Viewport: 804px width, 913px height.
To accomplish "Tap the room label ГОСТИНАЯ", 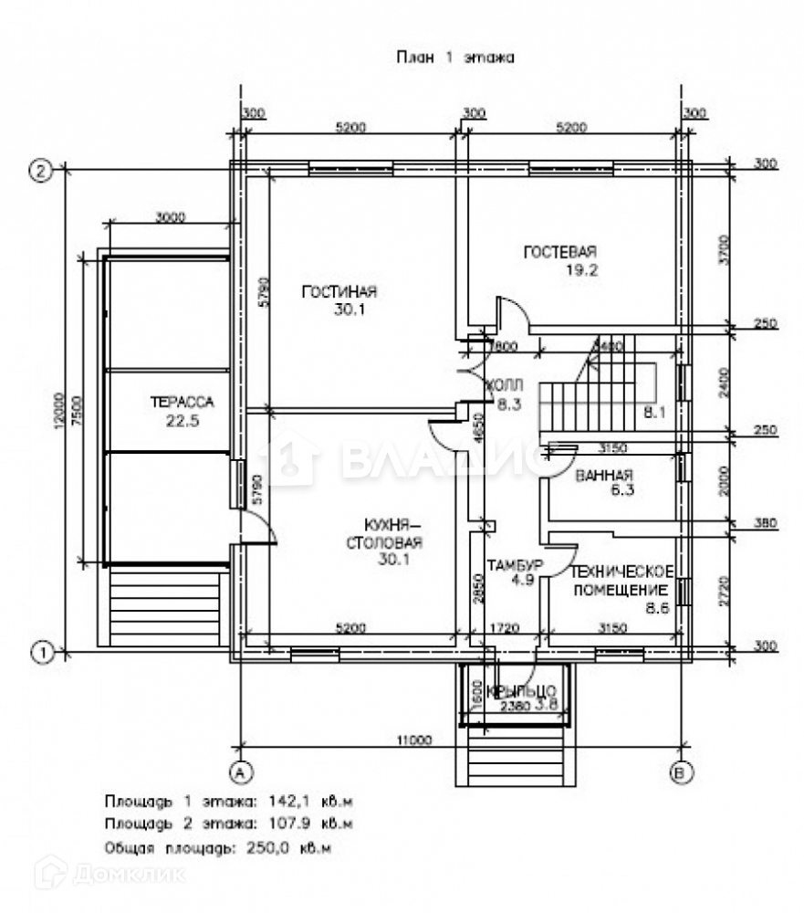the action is pyautogui.click(x=339, y=292).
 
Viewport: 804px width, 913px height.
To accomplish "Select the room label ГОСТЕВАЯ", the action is pyautogui.click(x=559, y=252).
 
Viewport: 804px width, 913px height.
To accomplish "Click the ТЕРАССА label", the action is pyautogui.click(x=182, y=402).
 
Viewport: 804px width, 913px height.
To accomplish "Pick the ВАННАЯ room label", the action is pyautogui.click(x=604, y=476).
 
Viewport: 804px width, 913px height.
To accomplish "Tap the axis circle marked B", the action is pyautogui.click(x=680, y=772).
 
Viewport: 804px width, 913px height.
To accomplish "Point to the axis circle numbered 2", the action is pyautogui.click(x=39, y=170).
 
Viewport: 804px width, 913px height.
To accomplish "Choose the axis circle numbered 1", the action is pyautogui.click(x=39, y=652).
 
